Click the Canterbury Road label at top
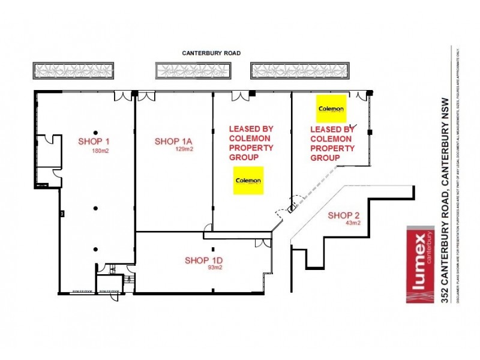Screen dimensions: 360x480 (211, 53)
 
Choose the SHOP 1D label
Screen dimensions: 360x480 (204, 260)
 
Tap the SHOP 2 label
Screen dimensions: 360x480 (344, 215)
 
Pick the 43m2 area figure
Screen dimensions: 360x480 (352, 223)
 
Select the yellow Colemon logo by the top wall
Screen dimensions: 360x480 (331, 109)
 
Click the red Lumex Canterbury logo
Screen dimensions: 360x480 (420, 264)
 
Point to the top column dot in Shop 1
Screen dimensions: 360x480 (95, 131)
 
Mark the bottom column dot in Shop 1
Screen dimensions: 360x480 (95, 249)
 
